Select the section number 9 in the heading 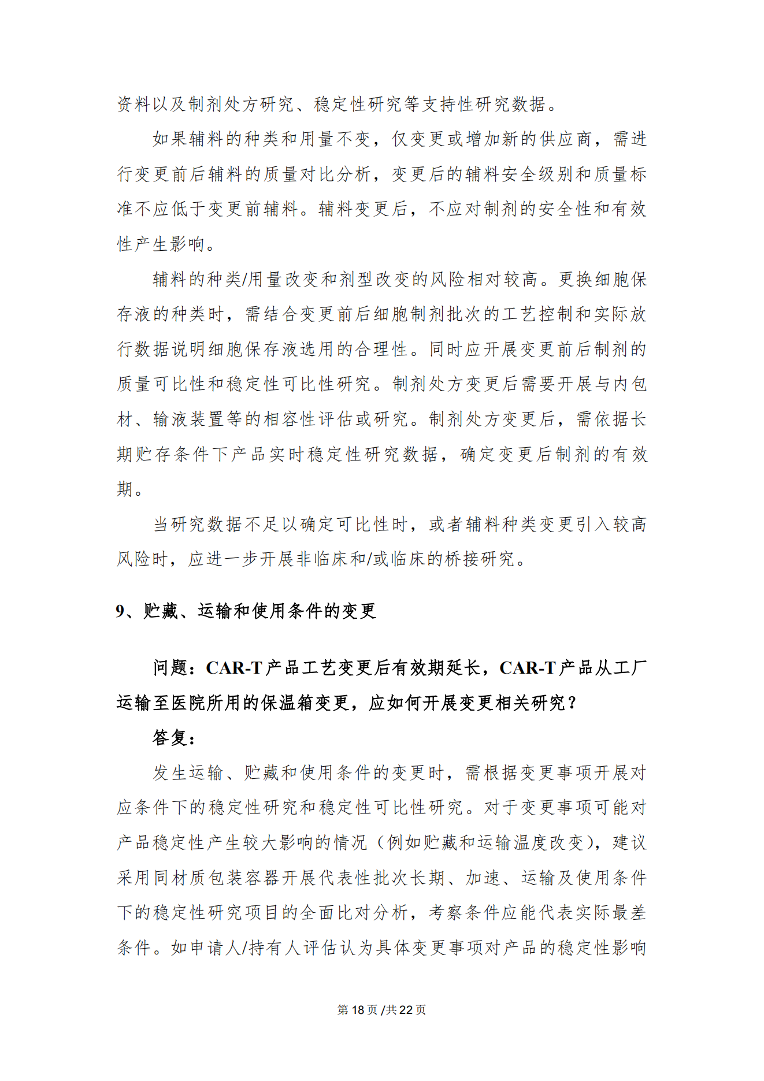(x=120, y=611)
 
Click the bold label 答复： (x=174, y=738)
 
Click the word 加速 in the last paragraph (x=483, y=878)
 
